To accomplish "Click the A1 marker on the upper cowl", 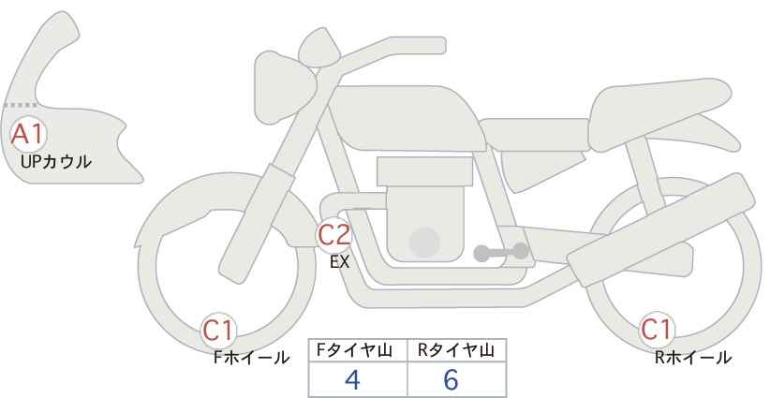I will click(x=27, y=134).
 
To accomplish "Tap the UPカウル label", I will click(x=55, y=162).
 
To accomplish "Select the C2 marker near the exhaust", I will click(x=334, y=235).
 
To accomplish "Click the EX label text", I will click(x=339, y=262).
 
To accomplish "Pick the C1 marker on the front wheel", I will click(x=220, y=331).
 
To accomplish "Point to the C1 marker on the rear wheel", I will click(x=656, y=331).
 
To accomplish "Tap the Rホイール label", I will click(x=693, y=357).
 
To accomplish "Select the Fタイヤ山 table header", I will click(x=358, y=350).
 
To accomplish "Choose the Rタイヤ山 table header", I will click(x=457, y=350).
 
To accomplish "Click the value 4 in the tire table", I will click(x=352, y=379).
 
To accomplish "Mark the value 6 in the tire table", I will click(x=452, y=379).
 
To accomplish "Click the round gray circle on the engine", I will click(x=424, y=242).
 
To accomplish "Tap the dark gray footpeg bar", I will click(x=500, y=251).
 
